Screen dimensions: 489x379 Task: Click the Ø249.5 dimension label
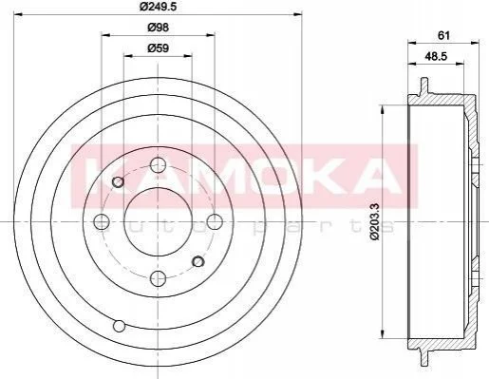click(158, 6)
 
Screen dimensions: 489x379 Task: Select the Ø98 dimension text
click(158, 28)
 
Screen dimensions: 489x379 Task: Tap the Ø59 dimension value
click(158, 48)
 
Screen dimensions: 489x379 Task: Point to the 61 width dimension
click(443, 35)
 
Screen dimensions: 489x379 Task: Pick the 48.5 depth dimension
click(436, 56)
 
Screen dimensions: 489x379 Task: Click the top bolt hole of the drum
click(158, 164)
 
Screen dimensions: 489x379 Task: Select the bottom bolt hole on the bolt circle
click(158, 278)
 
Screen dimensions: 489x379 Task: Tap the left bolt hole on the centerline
click(102, 221)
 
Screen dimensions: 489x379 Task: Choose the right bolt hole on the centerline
click(215, 221)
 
